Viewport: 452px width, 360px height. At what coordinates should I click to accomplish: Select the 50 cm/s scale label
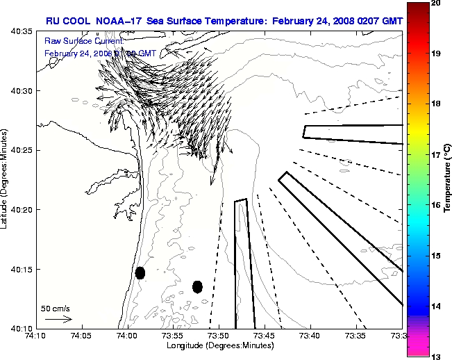pyautogui.click(x=55, y=307)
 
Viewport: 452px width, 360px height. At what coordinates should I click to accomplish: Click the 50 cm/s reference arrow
pyautogui.click(x=58, y=319)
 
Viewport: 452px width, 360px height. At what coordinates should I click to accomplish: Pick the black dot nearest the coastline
pyautogui.click(x=140, y=272)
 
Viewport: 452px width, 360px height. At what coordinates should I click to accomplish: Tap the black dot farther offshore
pyautogui.click(x=197, y=286)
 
